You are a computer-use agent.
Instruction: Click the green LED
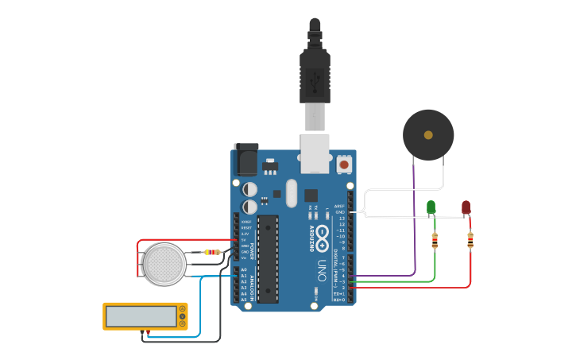click(431, 207)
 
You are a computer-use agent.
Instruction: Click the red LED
click(466, 207)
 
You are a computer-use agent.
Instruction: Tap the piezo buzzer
click(428, 135)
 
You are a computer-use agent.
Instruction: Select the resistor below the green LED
click(435, 241)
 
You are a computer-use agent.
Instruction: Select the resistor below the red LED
click(470, 240)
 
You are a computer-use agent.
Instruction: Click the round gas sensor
click(164, 264)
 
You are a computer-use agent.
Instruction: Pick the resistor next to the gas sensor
click(212, 252)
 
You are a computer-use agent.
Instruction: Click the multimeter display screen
click(141, 316)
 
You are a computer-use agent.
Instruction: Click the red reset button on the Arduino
click(345, 165)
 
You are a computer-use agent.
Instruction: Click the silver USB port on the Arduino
click(315, 153)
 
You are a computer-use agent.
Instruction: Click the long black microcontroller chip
click(268, 258)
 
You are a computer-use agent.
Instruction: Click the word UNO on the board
click(322, 265)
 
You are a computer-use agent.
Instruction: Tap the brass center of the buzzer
click(428, 135)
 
